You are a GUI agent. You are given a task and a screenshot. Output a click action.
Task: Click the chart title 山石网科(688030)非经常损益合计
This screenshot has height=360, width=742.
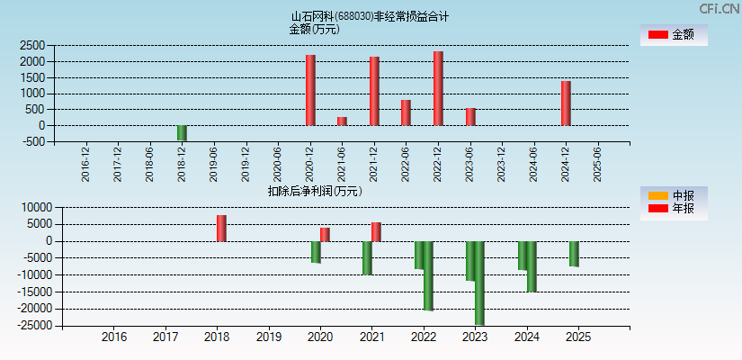coord(370,16)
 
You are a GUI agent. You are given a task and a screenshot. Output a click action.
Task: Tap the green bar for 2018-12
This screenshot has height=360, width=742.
coord(182,132)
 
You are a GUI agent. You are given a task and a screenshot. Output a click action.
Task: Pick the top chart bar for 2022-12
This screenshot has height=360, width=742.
coord(438,88)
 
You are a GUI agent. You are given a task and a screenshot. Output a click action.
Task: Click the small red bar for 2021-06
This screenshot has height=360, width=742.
coord(342,121)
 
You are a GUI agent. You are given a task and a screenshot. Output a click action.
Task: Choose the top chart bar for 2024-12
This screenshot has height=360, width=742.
coord(566,103)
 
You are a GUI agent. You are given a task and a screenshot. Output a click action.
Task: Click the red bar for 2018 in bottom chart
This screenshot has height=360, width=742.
coord(221,229)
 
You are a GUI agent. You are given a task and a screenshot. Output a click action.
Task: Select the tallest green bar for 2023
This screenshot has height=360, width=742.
coord(479,283)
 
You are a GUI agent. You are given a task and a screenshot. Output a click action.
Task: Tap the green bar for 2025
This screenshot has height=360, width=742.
coord(574,254)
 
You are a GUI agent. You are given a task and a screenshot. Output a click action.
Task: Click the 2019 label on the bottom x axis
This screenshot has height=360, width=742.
coord(268,337)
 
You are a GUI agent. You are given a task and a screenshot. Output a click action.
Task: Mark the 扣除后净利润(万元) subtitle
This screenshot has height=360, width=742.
coord(315,191)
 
